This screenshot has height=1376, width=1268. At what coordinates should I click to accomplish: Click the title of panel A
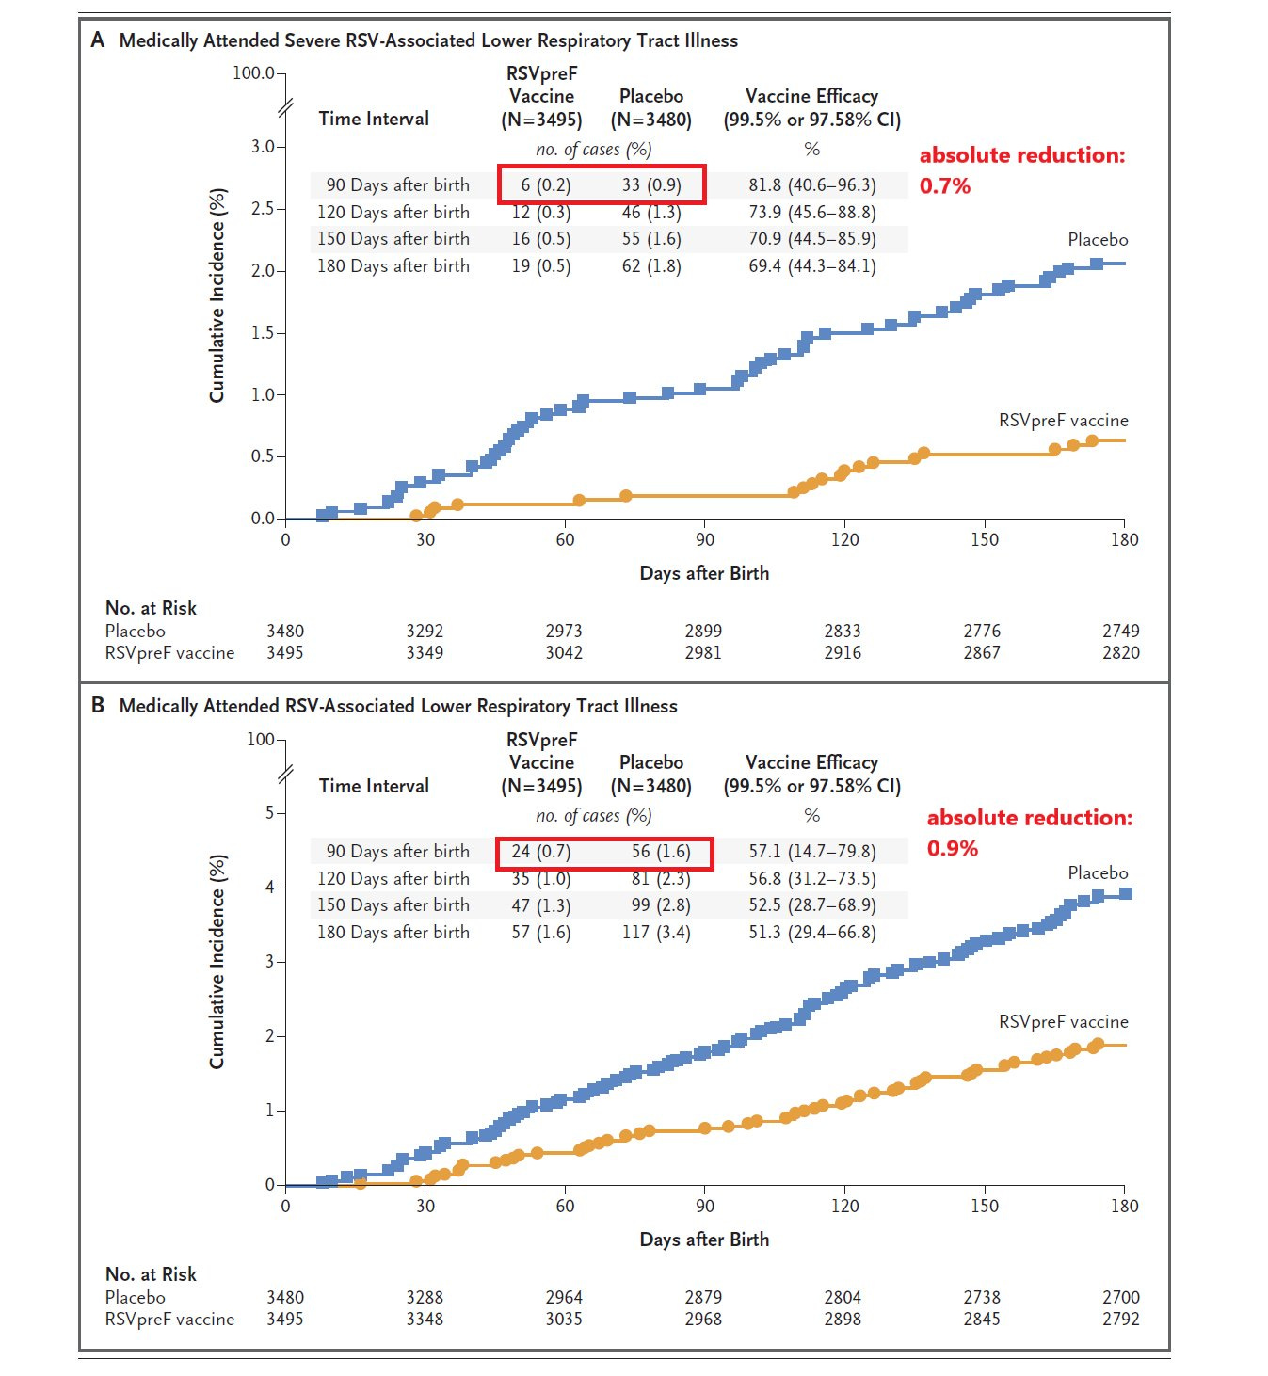click(428, 40)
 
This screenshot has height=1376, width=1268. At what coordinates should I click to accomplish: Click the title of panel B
click(398, 706)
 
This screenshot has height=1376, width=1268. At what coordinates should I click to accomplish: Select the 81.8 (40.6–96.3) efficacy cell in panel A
click(811, 185)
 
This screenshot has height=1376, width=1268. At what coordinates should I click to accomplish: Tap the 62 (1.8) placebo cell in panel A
click(650, 266)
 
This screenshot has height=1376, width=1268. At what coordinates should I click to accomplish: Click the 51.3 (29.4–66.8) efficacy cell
click(811, 933)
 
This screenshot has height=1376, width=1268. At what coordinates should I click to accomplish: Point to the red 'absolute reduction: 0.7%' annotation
click(1021, 169)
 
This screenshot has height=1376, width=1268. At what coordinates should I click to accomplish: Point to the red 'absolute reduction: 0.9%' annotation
click(1029, 832)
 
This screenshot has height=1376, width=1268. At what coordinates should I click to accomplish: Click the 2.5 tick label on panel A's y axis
click(263, 208)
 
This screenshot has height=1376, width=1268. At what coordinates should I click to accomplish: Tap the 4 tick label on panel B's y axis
click(269, 887)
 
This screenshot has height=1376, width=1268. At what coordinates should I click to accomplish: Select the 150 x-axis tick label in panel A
click(984, 539)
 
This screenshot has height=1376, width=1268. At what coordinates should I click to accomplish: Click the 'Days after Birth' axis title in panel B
click(704, 1240)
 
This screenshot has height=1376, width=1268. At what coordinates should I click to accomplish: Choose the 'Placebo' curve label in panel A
click(1097, 240)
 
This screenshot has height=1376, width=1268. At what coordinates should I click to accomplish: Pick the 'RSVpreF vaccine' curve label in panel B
click(1063, 1021)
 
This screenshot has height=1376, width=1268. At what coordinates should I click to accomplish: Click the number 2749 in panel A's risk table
click(1120, 631)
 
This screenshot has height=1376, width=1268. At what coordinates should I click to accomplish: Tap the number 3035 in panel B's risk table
click(564, 1319)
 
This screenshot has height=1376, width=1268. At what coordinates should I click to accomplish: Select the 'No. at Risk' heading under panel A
click(151, 608)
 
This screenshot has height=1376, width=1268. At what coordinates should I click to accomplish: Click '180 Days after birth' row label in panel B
click(393, 933)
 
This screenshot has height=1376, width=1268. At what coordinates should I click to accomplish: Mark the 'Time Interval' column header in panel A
click(374, 119)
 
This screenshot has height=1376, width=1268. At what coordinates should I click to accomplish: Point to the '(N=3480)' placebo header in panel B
click(650, 786)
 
